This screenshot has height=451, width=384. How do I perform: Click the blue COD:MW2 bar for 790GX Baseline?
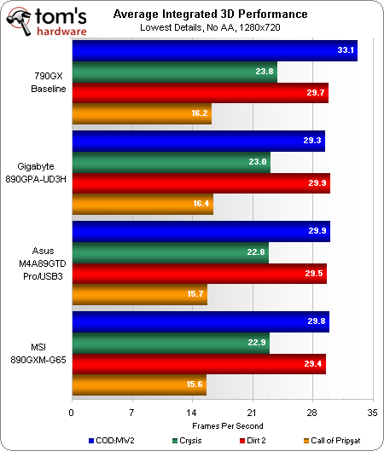click(x=213, y=52)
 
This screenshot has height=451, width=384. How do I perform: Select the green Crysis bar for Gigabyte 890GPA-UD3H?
click(x=171, y=163)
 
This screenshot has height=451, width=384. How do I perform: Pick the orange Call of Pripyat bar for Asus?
click(x=139, y=293)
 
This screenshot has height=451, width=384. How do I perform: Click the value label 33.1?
click(x=344, y=52)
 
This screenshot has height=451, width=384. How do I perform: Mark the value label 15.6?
click(x=194, y=385)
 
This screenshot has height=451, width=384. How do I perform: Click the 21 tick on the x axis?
click(x=253, y=412)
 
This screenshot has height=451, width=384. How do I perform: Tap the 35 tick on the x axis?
click(x=371, y=412)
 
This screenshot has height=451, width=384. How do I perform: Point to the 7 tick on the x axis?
click(x=132, y=412)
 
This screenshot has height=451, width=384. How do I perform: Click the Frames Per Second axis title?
click(x=221, y=425)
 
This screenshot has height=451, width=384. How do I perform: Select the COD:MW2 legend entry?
click(x=110, y=440)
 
